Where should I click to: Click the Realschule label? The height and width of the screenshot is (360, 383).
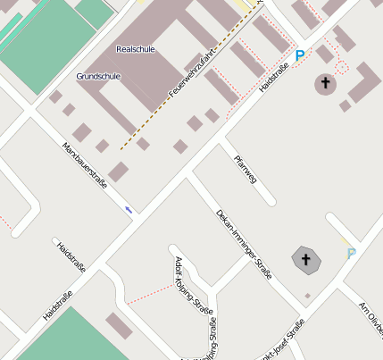tap(136, 49)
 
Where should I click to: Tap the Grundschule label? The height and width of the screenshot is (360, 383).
tap(97, 76)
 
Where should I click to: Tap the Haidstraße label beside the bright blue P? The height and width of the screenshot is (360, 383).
tap(272, 78)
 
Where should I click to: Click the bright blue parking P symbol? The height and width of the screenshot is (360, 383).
tap(300, 55)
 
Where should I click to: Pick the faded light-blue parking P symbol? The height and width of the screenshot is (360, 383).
tap(351, 253)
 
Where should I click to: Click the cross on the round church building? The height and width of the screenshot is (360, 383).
tap(325, 84)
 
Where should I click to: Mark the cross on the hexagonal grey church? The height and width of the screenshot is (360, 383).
tap(306, 259)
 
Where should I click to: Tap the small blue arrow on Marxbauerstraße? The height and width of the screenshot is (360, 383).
tap(129, 210)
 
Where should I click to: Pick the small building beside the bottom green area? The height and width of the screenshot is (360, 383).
tap(119, 326)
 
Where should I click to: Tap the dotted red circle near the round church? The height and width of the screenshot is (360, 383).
tap(342, 66)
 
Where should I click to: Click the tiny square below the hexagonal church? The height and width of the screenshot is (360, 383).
tap(307, 295)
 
